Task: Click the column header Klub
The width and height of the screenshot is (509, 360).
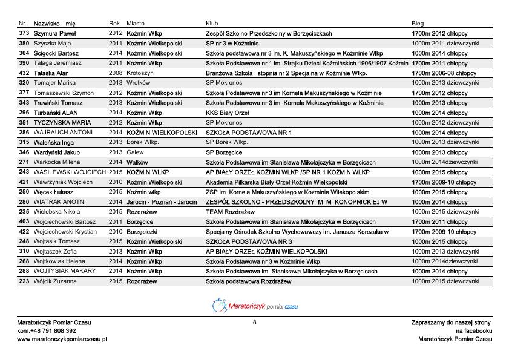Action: (211, 23)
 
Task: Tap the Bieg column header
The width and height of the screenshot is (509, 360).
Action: (418, 23)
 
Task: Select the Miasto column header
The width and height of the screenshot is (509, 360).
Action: (136, 23)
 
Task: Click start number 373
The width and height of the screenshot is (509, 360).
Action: (24, 33)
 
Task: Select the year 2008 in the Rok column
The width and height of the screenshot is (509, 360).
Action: (115, 73)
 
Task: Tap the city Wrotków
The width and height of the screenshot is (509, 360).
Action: (139, 83)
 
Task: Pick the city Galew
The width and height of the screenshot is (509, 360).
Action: (135, 152)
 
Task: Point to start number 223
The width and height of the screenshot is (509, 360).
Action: (24, 281)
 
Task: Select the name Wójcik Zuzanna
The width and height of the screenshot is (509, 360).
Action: (55, 281)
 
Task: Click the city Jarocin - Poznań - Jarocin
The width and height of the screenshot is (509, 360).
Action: (162, 202)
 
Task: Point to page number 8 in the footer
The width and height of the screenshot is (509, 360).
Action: (255, 322)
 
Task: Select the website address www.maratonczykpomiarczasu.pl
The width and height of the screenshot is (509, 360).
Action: (62, 339)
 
